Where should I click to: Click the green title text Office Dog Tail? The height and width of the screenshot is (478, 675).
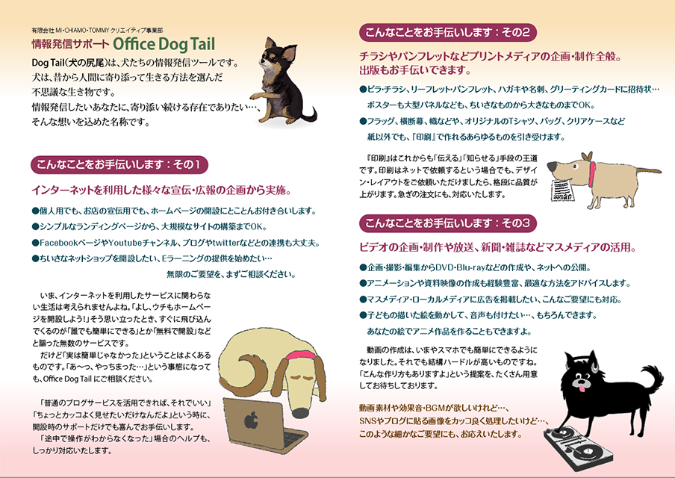(x=164, y=44)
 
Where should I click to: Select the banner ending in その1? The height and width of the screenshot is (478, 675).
(x=119, y=165)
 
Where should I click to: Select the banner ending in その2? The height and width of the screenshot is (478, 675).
(x=448, y=33)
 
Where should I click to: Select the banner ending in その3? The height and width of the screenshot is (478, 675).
(x=448, y=223)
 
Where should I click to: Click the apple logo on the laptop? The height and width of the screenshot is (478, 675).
(x=252, y=420)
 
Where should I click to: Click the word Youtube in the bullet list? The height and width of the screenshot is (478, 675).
(x=125, y=243)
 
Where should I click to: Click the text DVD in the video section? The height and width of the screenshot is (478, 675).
(x=445, y=267)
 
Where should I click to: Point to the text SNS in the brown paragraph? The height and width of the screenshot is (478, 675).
(x=367, y=420)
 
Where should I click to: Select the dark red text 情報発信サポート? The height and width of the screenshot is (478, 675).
(x=70, y=44)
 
